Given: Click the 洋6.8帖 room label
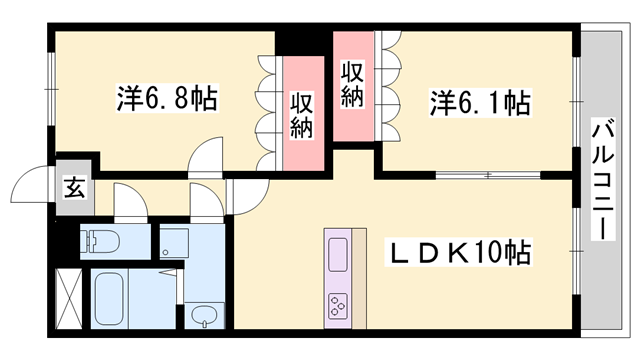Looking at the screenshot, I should pyautogui.click(x=167, y=100).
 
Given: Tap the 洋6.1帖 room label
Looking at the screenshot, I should pyautogui.click(x=480, y=102).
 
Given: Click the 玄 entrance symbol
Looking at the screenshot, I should pyautogui.click(x=75, y=186).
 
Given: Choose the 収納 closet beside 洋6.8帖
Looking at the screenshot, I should pyautogui.click(x=304, y=115).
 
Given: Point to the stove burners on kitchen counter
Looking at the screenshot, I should pyautogui.click(x=338, y=304).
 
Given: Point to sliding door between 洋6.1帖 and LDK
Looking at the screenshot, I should pyautogui.click(x=487, y=176).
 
